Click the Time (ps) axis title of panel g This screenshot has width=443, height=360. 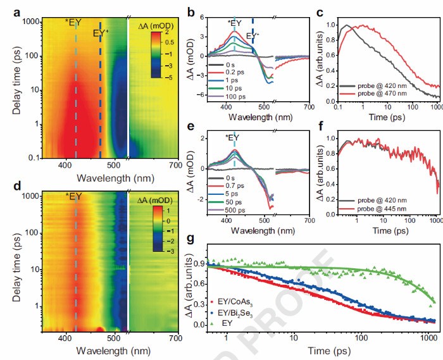[x=320, y=349]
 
